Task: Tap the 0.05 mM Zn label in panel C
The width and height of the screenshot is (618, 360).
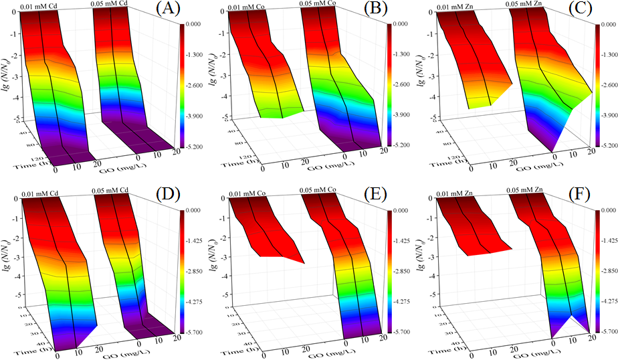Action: (522, 5)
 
